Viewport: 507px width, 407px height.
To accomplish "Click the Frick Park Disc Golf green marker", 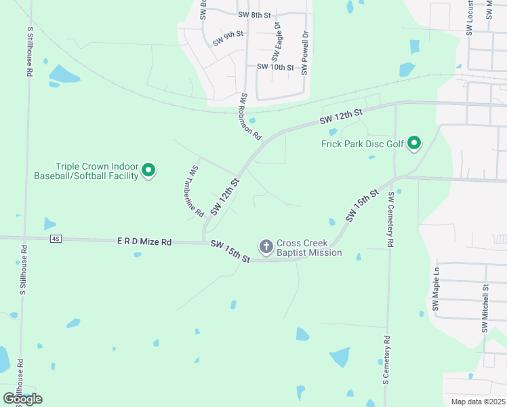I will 413,144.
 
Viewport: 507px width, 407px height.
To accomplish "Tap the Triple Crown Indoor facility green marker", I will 149,170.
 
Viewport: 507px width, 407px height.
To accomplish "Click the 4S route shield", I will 56,239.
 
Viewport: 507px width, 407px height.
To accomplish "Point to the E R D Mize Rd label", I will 144,241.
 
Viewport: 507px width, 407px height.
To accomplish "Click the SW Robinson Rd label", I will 250,116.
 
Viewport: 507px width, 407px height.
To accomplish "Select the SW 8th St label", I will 254,14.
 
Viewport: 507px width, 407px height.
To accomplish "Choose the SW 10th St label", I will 275,67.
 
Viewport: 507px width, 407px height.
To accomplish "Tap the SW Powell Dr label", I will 305,52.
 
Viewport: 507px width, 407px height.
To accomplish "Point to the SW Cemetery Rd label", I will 391,219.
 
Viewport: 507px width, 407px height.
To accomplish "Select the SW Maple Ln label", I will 437,288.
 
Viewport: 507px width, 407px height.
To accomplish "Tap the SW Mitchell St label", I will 485,308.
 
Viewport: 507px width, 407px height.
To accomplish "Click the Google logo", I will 23,398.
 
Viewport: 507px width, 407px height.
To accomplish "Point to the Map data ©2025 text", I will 478,402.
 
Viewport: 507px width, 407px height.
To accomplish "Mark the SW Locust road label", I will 470,18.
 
